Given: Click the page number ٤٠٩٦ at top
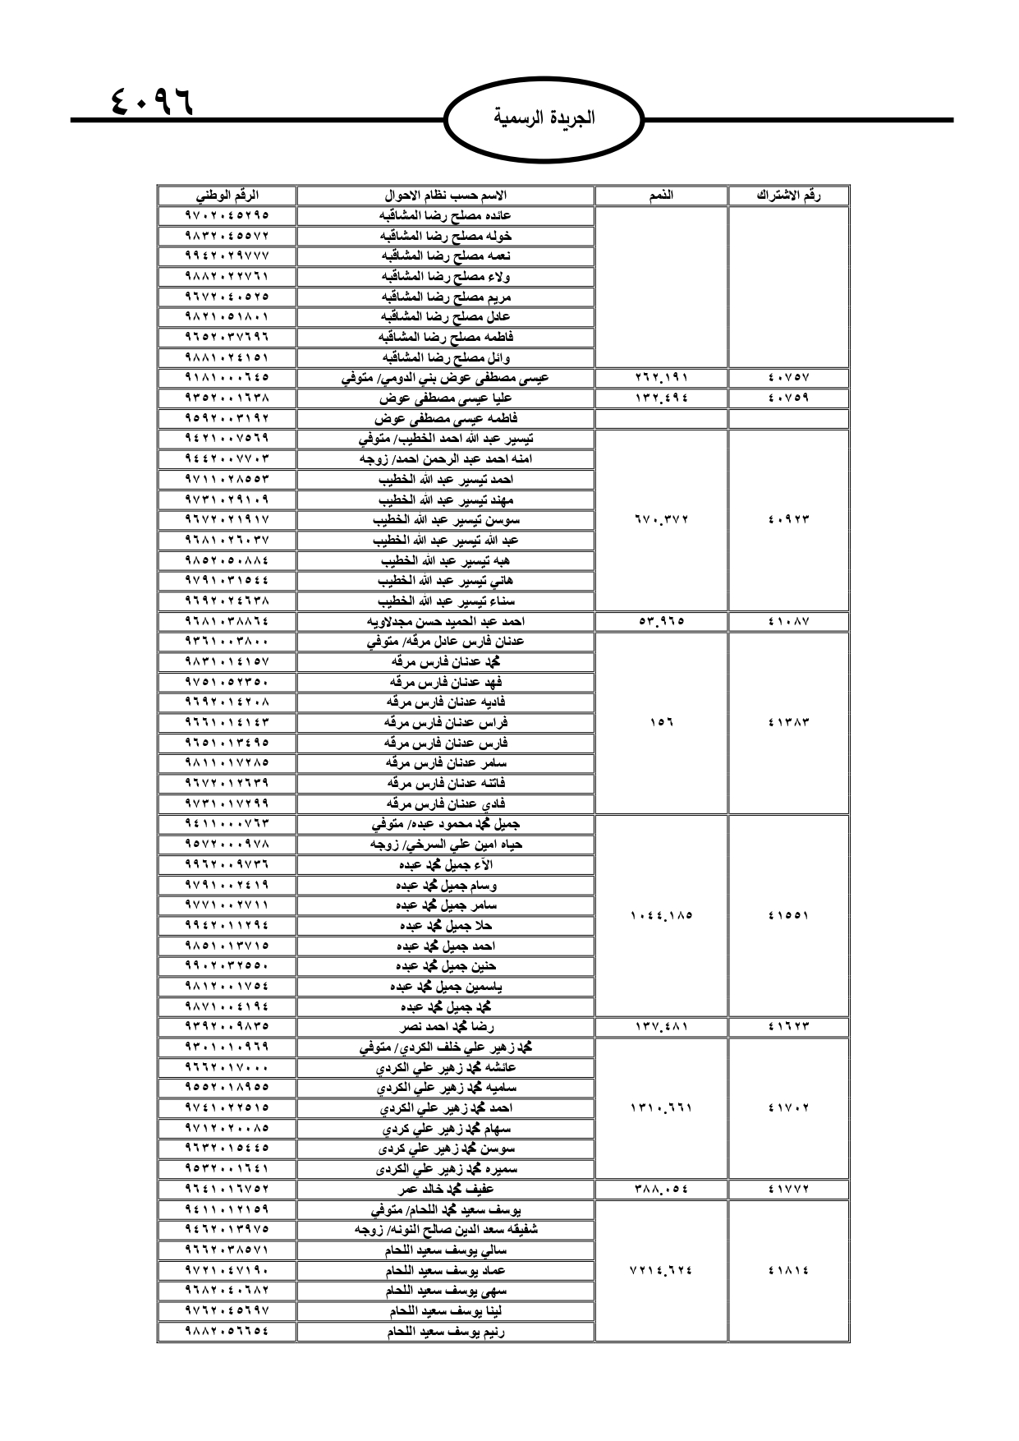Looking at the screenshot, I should pos(150,101).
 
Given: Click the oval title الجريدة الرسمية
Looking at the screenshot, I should pos(544,117).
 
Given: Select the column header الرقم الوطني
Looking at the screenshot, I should pos(227,196).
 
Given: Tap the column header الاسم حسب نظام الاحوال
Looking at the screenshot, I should pos(445,196).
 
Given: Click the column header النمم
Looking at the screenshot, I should pos(661,196).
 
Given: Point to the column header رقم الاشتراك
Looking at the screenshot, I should pos(788,196).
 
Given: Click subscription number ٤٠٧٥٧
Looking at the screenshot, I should pos(788,378).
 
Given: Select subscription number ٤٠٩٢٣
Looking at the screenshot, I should pos(788,519).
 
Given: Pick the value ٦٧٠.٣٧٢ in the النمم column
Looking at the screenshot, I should pos(661,519).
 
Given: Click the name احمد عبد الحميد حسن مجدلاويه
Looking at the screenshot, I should pos(445,621).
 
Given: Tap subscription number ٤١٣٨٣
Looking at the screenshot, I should pos(788,723).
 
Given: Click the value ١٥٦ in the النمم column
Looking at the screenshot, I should pos(661,723).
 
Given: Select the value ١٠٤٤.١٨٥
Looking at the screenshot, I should pos(661,915).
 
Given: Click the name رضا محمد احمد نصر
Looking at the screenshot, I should pos(445,1027).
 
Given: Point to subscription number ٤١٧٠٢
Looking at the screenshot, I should pos(788,1107).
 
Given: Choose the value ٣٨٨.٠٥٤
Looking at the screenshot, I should pos(661,1189).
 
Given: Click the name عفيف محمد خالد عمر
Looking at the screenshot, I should pos(445,1189).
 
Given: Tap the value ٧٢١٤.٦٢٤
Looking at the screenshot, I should pos(661,1270).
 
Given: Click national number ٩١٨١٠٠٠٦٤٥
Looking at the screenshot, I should pos(227,378).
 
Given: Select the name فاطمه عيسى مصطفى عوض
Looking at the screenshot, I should pos(445,418).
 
